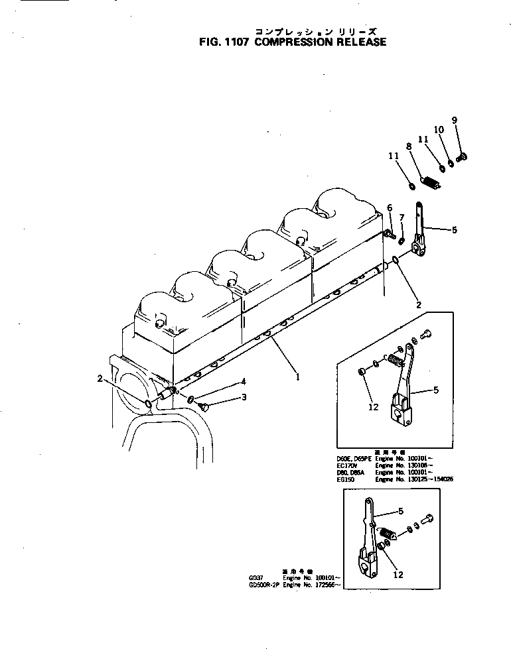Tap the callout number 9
point(454,120)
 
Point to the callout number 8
point(409,147)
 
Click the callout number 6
point(390,208)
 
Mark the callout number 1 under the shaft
point(298,377)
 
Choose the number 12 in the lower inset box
point(398,575)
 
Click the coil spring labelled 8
point(431,181)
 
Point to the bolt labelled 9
point(464,156)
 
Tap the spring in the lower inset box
point(386,532)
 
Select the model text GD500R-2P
point(260,585)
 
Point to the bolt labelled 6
point(389,233)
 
